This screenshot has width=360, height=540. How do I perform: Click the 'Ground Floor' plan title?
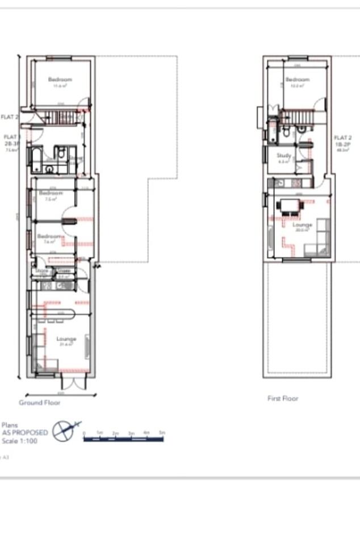40,403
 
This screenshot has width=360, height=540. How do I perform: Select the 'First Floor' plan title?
283,399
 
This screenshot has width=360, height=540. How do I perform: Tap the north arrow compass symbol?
64,430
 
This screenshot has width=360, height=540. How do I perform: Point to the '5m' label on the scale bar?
162,433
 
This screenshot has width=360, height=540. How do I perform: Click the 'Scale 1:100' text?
20,441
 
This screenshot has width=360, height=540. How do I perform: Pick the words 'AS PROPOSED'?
24,433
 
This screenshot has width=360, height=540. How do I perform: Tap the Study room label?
284,155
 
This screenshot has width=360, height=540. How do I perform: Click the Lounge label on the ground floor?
66,339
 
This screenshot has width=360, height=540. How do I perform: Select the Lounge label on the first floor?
302,225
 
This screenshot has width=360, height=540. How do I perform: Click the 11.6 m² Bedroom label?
60,79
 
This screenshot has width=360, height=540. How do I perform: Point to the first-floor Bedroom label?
298,79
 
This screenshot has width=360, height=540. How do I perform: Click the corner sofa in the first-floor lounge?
319,242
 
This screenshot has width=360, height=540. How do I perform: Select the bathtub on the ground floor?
35,160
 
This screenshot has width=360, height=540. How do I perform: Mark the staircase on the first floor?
301,117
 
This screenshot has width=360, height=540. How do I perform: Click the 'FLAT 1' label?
11,137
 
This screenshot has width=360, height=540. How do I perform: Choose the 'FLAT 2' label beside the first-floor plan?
342,138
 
